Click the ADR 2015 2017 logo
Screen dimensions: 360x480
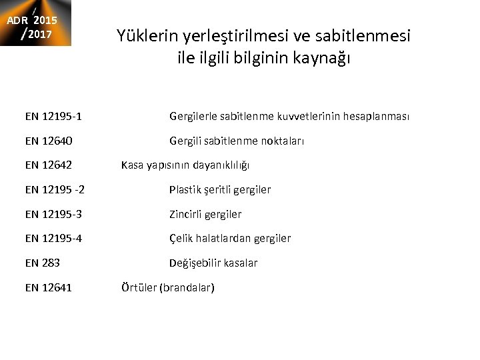[x=35, y=23]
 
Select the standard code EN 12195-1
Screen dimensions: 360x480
[x=53, y=117]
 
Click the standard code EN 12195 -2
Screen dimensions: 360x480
[x=55, y=190]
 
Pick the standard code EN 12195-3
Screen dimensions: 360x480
[x=53, y=215]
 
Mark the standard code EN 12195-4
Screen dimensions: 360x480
[x=53, y=239]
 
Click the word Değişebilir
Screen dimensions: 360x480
[x=197, y=263]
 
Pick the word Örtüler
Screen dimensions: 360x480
[x=138, y=288]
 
